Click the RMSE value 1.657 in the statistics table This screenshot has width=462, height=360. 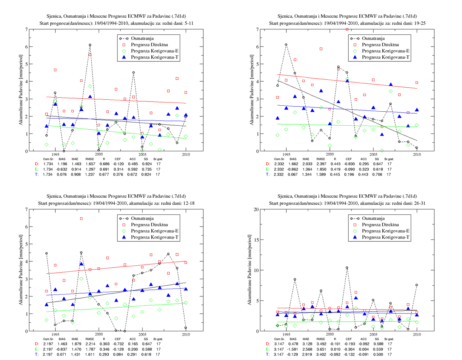(x=90, y=164)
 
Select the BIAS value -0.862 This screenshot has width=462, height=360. (x=293, y=169)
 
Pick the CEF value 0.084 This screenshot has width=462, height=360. (x=118, y=354)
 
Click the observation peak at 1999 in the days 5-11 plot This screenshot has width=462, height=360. (x=90, y=45)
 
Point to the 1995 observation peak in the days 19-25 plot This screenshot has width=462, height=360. (x=286, y=45)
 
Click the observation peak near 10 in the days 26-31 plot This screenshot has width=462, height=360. (x=347, y=268)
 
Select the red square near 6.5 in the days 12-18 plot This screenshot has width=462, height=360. (x=81, y=219)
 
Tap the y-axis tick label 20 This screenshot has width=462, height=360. (x=256, y=209)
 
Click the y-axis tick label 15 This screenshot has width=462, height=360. (x=256, y=240)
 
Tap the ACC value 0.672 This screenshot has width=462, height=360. (x=132, y=174)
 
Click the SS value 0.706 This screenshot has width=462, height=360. (x=377, y=174)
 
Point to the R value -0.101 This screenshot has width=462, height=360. (x=335, y=344)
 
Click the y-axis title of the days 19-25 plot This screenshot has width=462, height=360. (x=252, y=90)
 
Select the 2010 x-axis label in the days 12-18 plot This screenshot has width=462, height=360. (x=186, y=334)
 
